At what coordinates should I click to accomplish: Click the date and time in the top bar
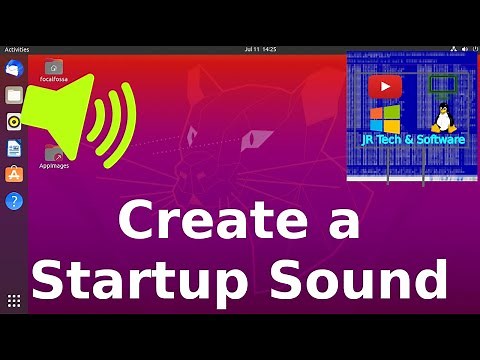click(x=259, y=48)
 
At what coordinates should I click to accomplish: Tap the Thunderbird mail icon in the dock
click(x=14, y=68)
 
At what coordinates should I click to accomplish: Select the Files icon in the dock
click(x=14, y=95)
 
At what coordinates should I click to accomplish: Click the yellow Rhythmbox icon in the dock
click(x=14, y=122)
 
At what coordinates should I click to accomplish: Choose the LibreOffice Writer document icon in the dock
click(x=14, y=148)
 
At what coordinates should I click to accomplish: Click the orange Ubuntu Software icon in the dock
click(x=14, y=175)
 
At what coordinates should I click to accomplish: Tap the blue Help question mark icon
click(x=14, y=201)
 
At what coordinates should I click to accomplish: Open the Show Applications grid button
click(x=14, y=300)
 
